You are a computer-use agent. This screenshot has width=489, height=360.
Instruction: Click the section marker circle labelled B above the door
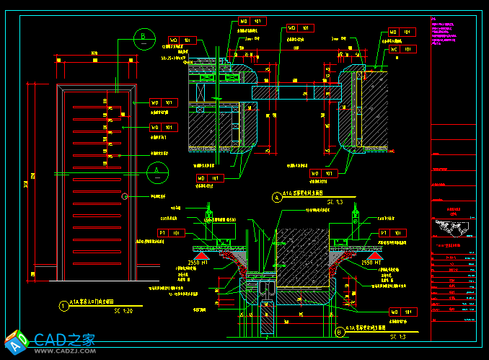(x=145, y=37)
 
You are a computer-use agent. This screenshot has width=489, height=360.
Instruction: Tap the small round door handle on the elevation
(x=125, y=196)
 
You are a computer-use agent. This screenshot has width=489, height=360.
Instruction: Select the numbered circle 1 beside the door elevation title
(x=63, y=305)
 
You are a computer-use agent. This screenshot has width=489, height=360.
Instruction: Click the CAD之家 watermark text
(x=65, y=339)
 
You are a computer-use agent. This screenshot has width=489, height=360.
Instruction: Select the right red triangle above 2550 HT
(x=374, y=255)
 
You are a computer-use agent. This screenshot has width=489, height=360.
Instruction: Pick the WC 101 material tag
(x=402, y=50)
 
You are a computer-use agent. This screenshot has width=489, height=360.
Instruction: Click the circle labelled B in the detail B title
(x=340, y=332)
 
